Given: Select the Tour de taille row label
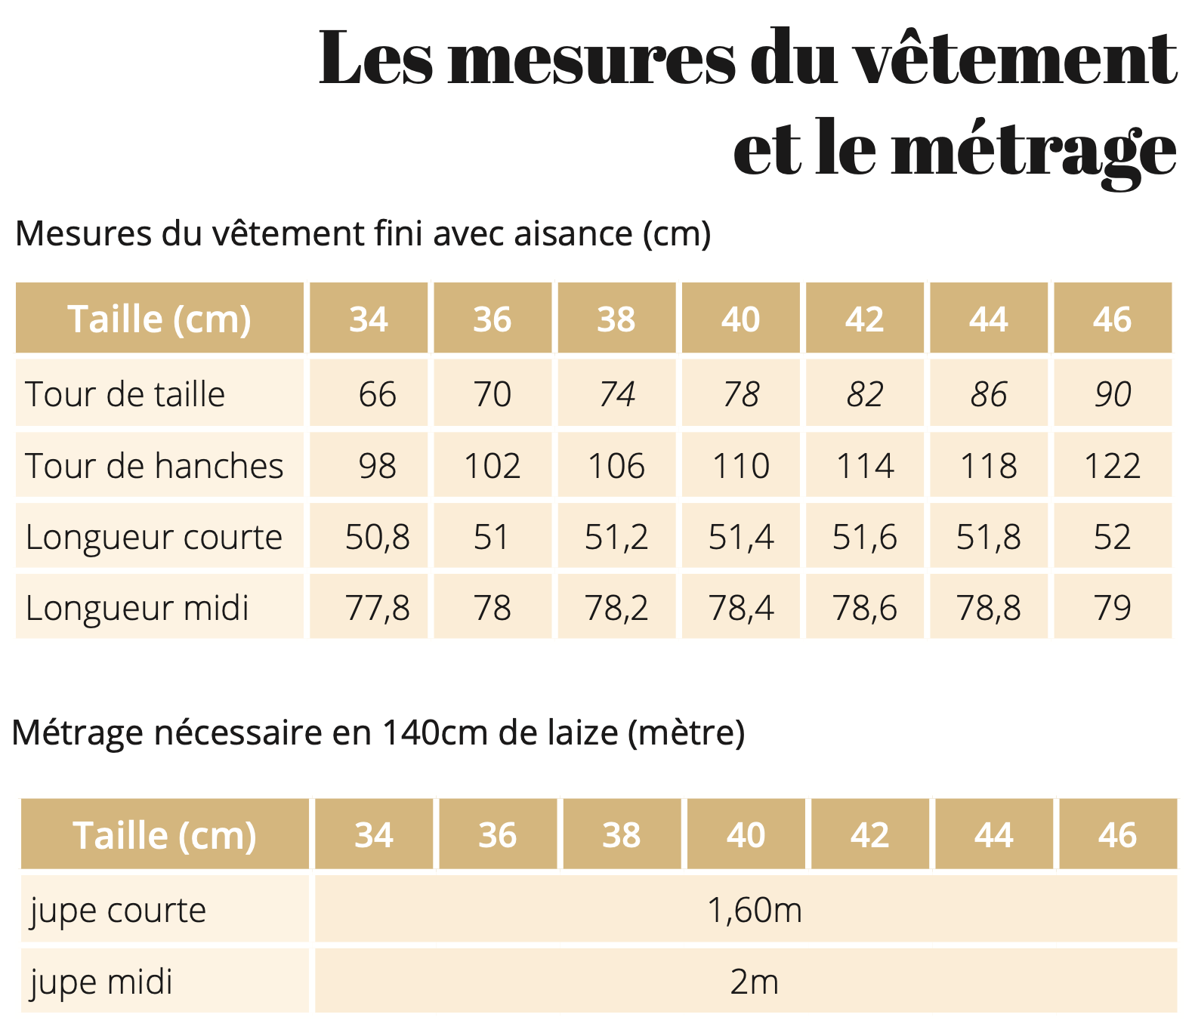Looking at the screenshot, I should point(125,394).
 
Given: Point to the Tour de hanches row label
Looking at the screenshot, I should point(154,466).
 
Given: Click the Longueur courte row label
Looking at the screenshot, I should point(154,538).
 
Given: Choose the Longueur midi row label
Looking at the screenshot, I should point(137,609).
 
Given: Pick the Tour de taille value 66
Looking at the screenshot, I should point(377,394).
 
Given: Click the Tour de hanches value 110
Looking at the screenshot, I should point(741,466).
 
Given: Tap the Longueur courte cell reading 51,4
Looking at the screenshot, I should point(741,538).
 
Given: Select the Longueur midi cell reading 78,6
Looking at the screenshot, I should point(865,609).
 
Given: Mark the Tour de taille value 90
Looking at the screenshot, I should point(1113,394).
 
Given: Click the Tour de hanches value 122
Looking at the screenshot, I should point(1113,466).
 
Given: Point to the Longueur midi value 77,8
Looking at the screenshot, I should point(377,609).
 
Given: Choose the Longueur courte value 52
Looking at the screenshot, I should point(1113,538).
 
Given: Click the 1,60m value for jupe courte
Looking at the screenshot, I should point(754,911).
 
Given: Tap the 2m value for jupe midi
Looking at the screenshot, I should point(754,982).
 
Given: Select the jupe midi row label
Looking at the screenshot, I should point(102,982).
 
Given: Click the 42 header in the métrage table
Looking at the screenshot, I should point(870,836).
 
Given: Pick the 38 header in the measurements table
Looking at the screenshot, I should point(616,319).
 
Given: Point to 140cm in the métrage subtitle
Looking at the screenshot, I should point(437,732).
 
